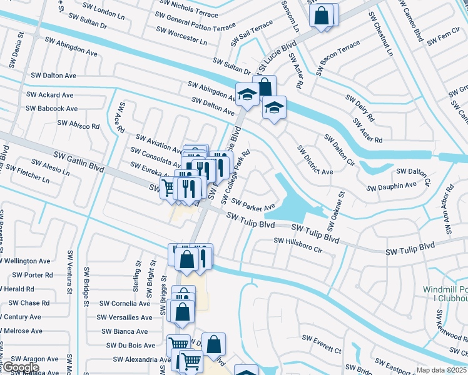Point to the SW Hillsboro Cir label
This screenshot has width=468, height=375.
pyautogui.click(x=297, y=244)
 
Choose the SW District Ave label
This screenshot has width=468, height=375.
pyautogui.click(x=314, y=160)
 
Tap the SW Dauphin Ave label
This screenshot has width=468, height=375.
pyautogui.click(x=392, y=186)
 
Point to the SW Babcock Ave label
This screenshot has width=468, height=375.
pyautogui.click(x=52, y=108)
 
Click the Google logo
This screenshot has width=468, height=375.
pyautogui.click(x=20, y=367)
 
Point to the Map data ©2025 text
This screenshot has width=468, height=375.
pyautogui.click(x=441, y=370)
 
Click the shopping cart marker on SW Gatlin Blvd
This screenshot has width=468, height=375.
pyautogui.click(x=168, y=187)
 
